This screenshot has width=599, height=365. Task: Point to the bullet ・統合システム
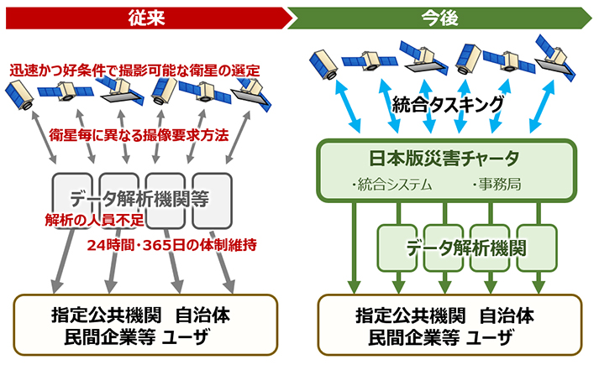(391, 184)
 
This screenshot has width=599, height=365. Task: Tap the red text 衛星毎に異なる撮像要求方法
(139, 134)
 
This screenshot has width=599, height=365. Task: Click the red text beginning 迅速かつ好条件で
(134, 71)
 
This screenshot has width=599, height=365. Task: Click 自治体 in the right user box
(508, 317)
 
